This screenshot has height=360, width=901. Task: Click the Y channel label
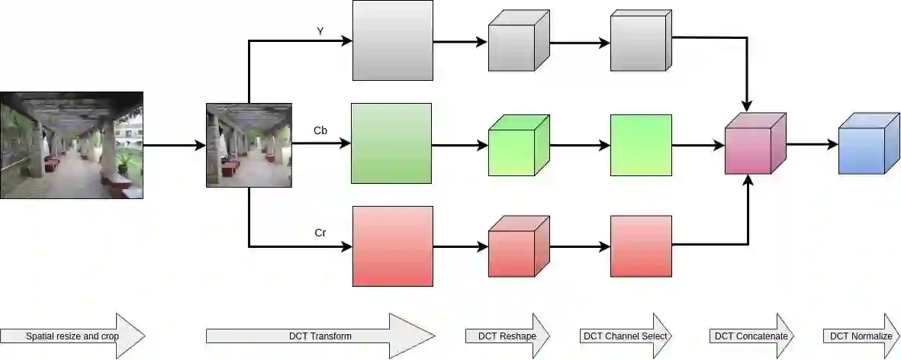321,31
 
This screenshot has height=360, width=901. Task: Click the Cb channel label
321,131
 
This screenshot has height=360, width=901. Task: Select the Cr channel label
321,233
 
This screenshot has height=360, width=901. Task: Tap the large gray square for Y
392,40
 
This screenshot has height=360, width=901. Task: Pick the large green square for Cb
391,143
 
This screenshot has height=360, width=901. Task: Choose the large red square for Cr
392,246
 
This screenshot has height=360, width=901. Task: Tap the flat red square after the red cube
641,246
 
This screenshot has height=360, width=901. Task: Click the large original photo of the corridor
72,145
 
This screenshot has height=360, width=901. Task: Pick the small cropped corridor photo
249,145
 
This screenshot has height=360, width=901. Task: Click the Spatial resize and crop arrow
72,336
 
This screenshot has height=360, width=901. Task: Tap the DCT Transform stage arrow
320,336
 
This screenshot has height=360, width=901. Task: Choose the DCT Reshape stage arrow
507,336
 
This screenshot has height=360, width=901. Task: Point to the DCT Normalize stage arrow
861,336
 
